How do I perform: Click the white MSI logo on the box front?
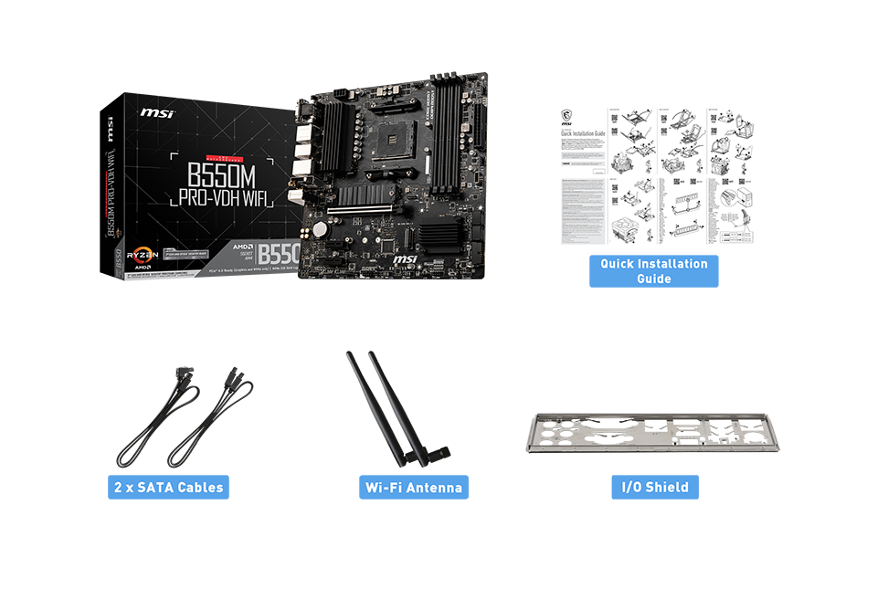point(156,113)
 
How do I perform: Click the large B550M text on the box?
point(218,174)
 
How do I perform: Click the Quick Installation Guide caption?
point(653,271)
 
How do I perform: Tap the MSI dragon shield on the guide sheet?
point(566,118)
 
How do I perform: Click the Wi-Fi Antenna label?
point(413,488)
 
